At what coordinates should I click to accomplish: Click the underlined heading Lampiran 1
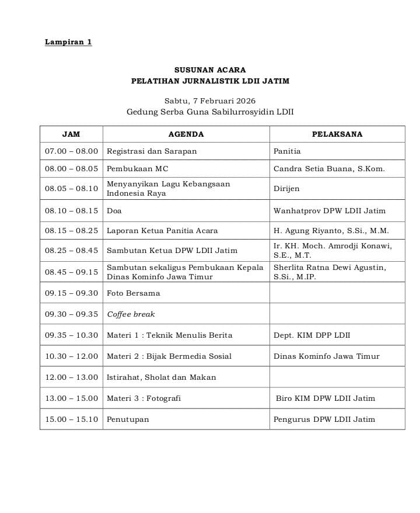[68, 42]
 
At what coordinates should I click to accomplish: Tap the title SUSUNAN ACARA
[210, 70]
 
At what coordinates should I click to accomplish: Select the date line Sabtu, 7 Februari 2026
[210, 100]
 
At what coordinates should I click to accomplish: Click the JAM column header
[71, 134]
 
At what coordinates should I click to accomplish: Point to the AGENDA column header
[186, 134]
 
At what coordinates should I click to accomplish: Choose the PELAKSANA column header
[337, 134]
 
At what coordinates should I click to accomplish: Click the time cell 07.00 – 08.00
[72, 151]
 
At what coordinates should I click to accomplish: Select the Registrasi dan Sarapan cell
[152, 151]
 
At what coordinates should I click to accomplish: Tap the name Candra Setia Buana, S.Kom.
[329, 169]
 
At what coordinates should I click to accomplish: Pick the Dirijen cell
[286, 189]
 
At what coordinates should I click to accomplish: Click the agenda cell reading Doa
[114, 211]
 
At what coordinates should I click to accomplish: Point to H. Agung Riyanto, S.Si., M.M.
[331, 231]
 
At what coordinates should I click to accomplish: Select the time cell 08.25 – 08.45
[72, 251]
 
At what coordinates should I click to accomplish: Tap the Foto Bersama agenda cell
[133, 293]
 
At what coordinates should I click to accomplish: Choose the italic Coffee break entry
[131, 314]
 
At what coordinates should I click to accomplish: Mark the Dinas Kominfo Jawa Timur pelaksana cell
[326, 356]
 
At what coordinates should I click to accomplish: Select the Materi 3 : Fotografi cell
[143, 398]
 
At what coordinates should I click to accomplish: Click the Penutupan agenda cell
[128, 420]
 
